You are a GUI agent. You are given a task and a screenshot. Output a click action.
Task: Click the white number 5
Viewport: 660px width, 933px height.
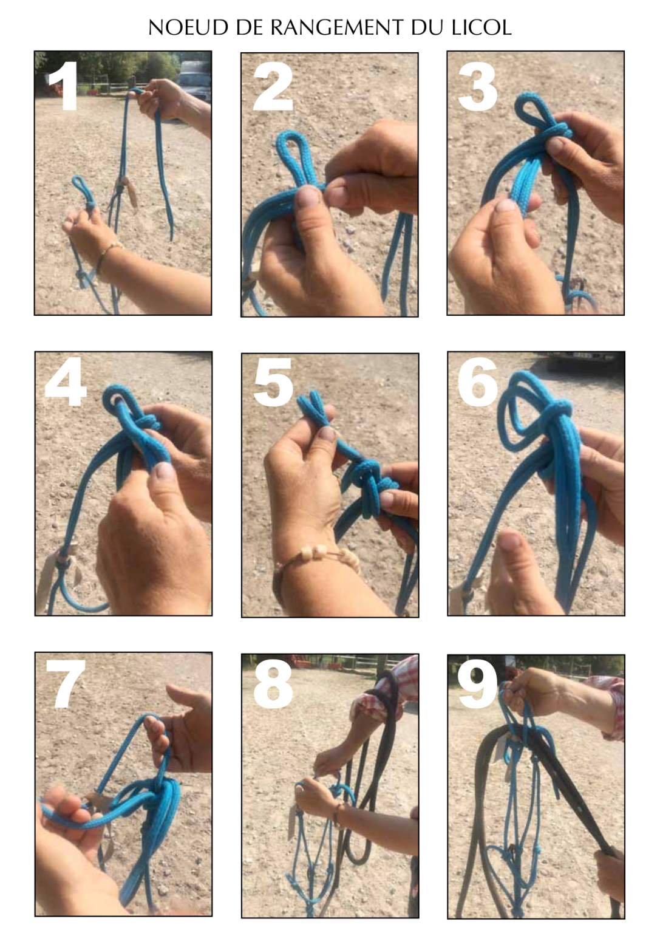pos(273,383)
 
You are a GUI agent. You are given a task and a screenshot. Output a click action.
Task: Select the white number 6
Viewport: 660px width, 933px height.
pos(478,382)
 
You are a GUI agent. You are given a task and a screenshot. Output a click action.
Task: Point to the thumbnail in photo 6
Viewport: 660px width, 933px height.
pos(510,545)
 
